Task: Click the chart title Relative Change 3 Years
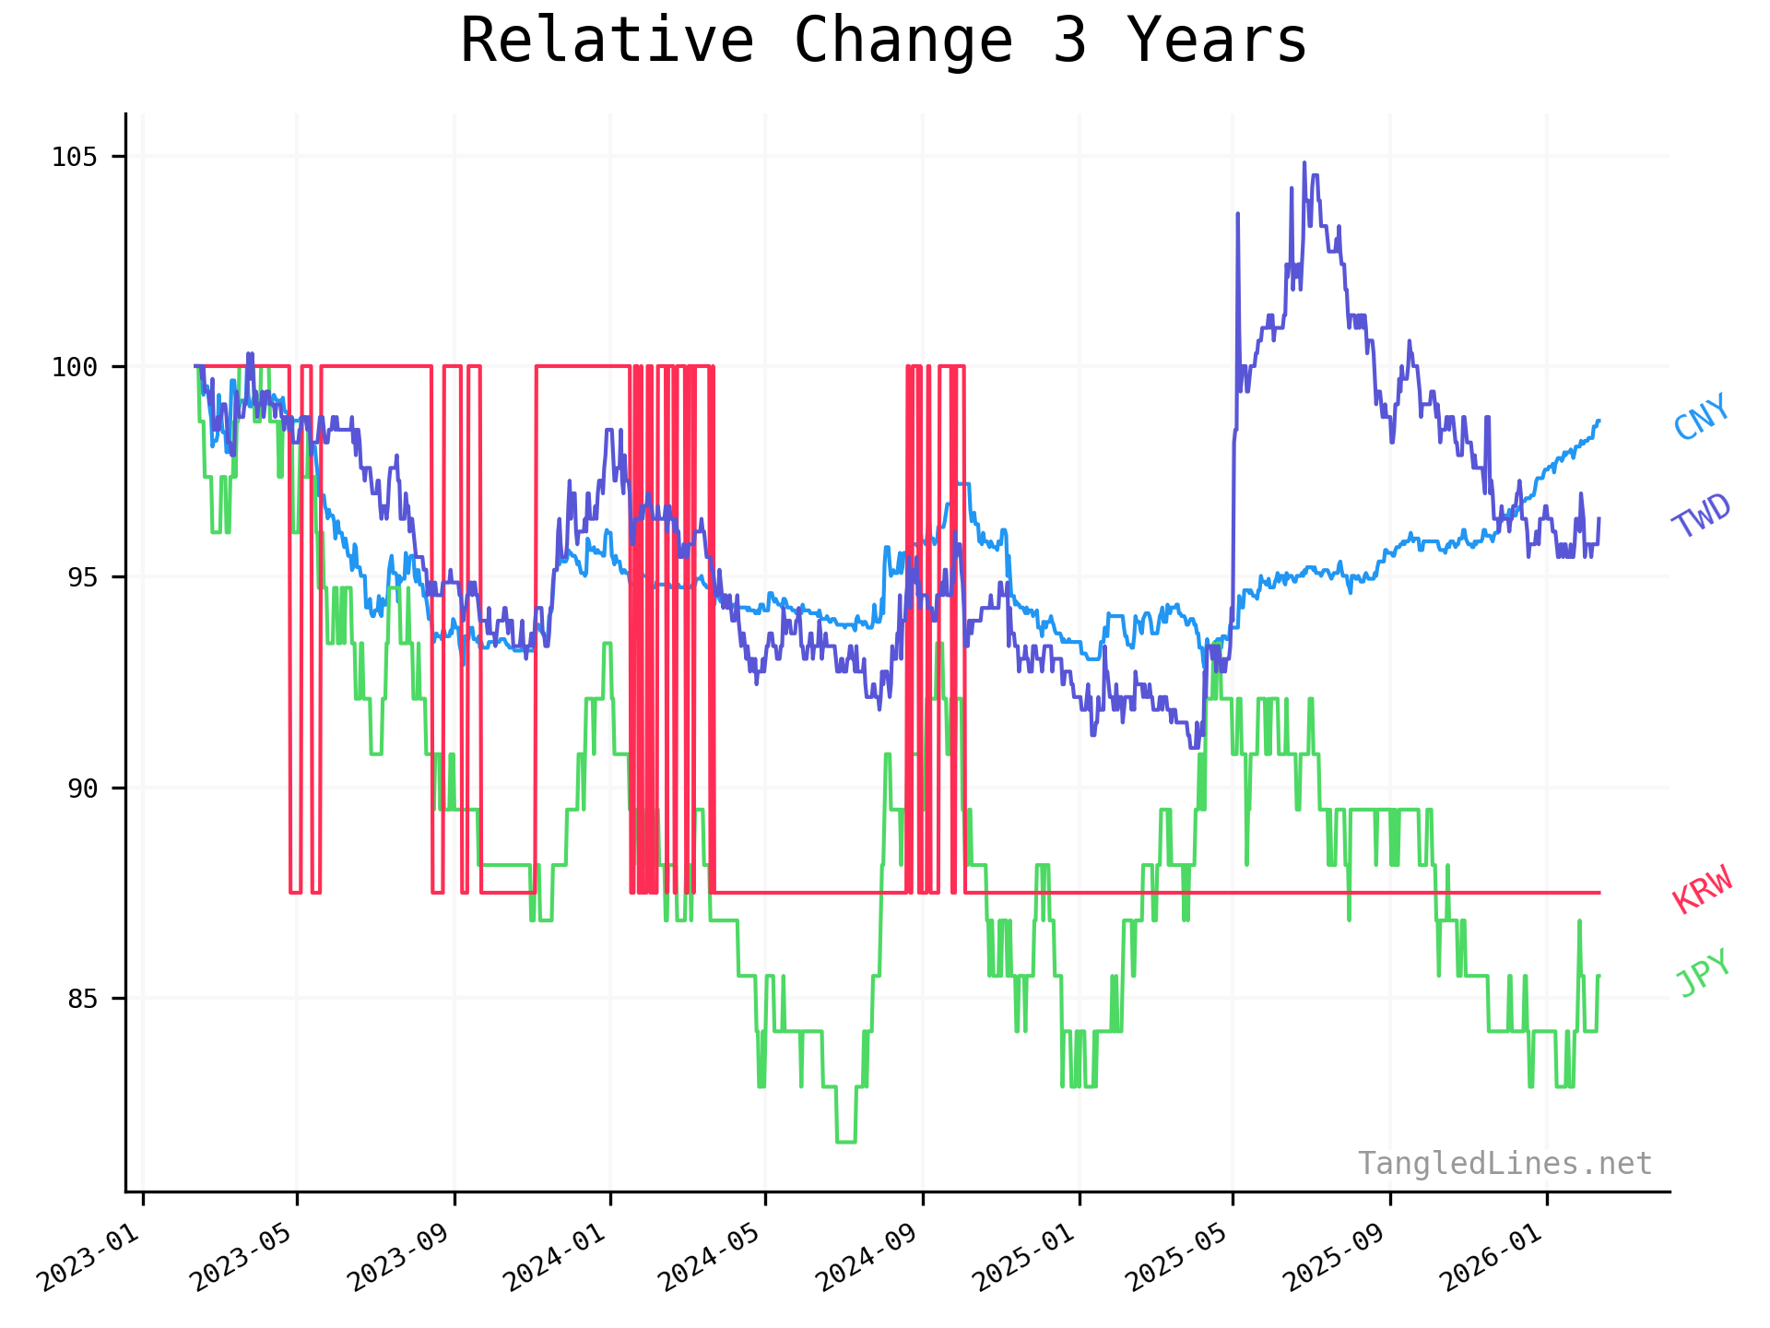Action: point(883,41)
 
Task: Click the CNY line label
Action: point(1702,417)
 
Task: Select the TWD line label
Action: point(1702,516)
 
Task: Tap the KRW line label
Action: point(1703,890)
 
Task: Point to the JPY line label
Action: point(1703,973)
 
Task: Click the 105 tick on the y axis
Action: point(74,157)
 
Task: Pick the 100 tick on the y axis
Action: point(74,367)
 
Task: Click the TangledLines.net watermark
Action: point(1504,1164)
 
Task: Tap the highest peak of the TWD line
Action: point(1304,163)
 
